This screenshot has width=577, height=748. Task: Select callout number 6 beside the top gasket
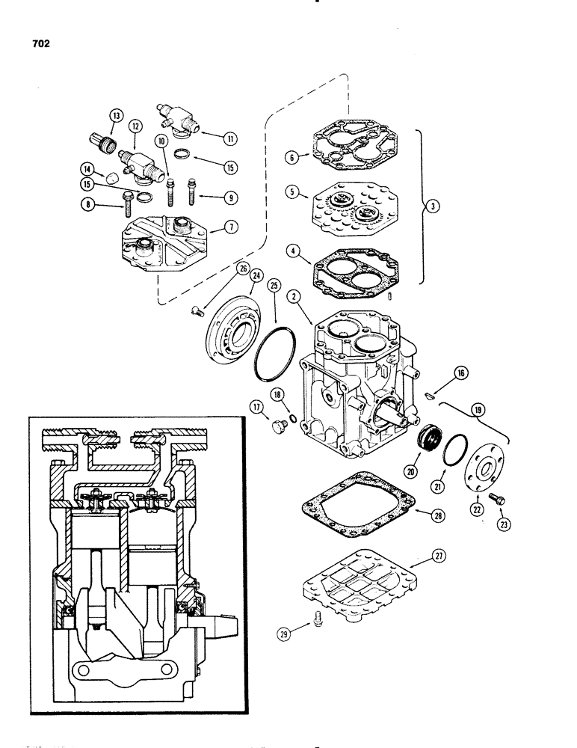coord(291,156)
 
